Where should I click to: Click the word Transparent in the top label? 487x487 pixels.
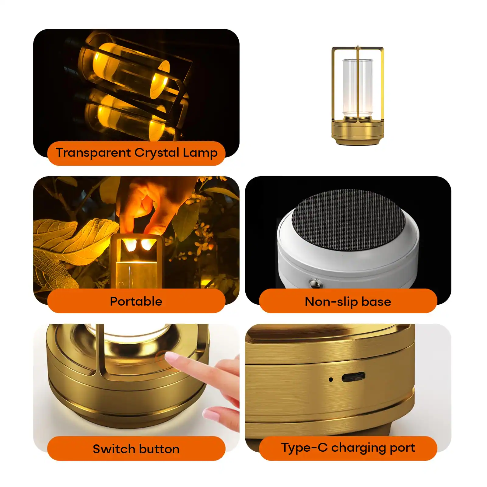coord(93,153)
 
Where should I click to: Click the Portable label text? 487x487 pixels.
coord(136,301)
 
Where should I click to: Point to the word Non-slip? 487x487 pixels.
coord(331,302)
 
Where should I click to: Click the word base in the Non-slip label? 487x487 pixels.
coord(376,302)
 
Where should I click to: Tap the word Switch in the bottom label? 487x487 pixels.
coord(112,449)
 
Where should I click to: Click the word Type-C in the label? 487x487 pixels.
coord(304,448)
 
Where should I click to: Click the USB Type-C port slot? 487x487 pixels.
coord(353,377)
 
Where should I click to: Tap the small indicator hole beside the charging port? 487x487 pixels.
coord(331,380)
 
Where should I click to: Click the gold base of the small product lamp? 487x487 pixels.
coord(358,133)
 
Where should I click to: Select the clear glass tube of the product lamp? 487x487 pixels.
coord(358,88)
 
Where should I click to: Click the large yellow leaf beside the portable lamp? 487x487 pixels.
coord(72,240)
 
